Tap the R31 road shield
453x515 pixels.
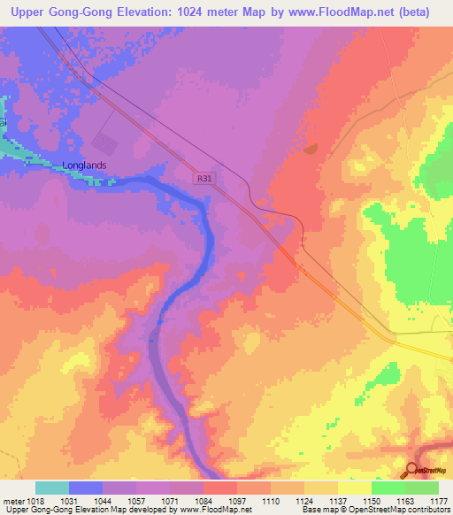(205, 179)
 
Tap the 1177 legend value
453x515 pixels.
(439, 501)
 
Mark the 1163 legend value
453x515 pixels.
(406, 501)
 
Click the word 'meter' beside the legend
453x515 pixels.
(13, 501)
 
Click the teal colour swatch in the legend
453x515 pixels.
(52, 488)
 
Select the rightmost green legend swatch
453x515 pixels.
(422, 488)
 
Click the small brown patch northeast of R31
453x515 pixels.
(310, 149)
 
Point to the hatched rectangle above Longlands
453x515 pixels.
(104, 142)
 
